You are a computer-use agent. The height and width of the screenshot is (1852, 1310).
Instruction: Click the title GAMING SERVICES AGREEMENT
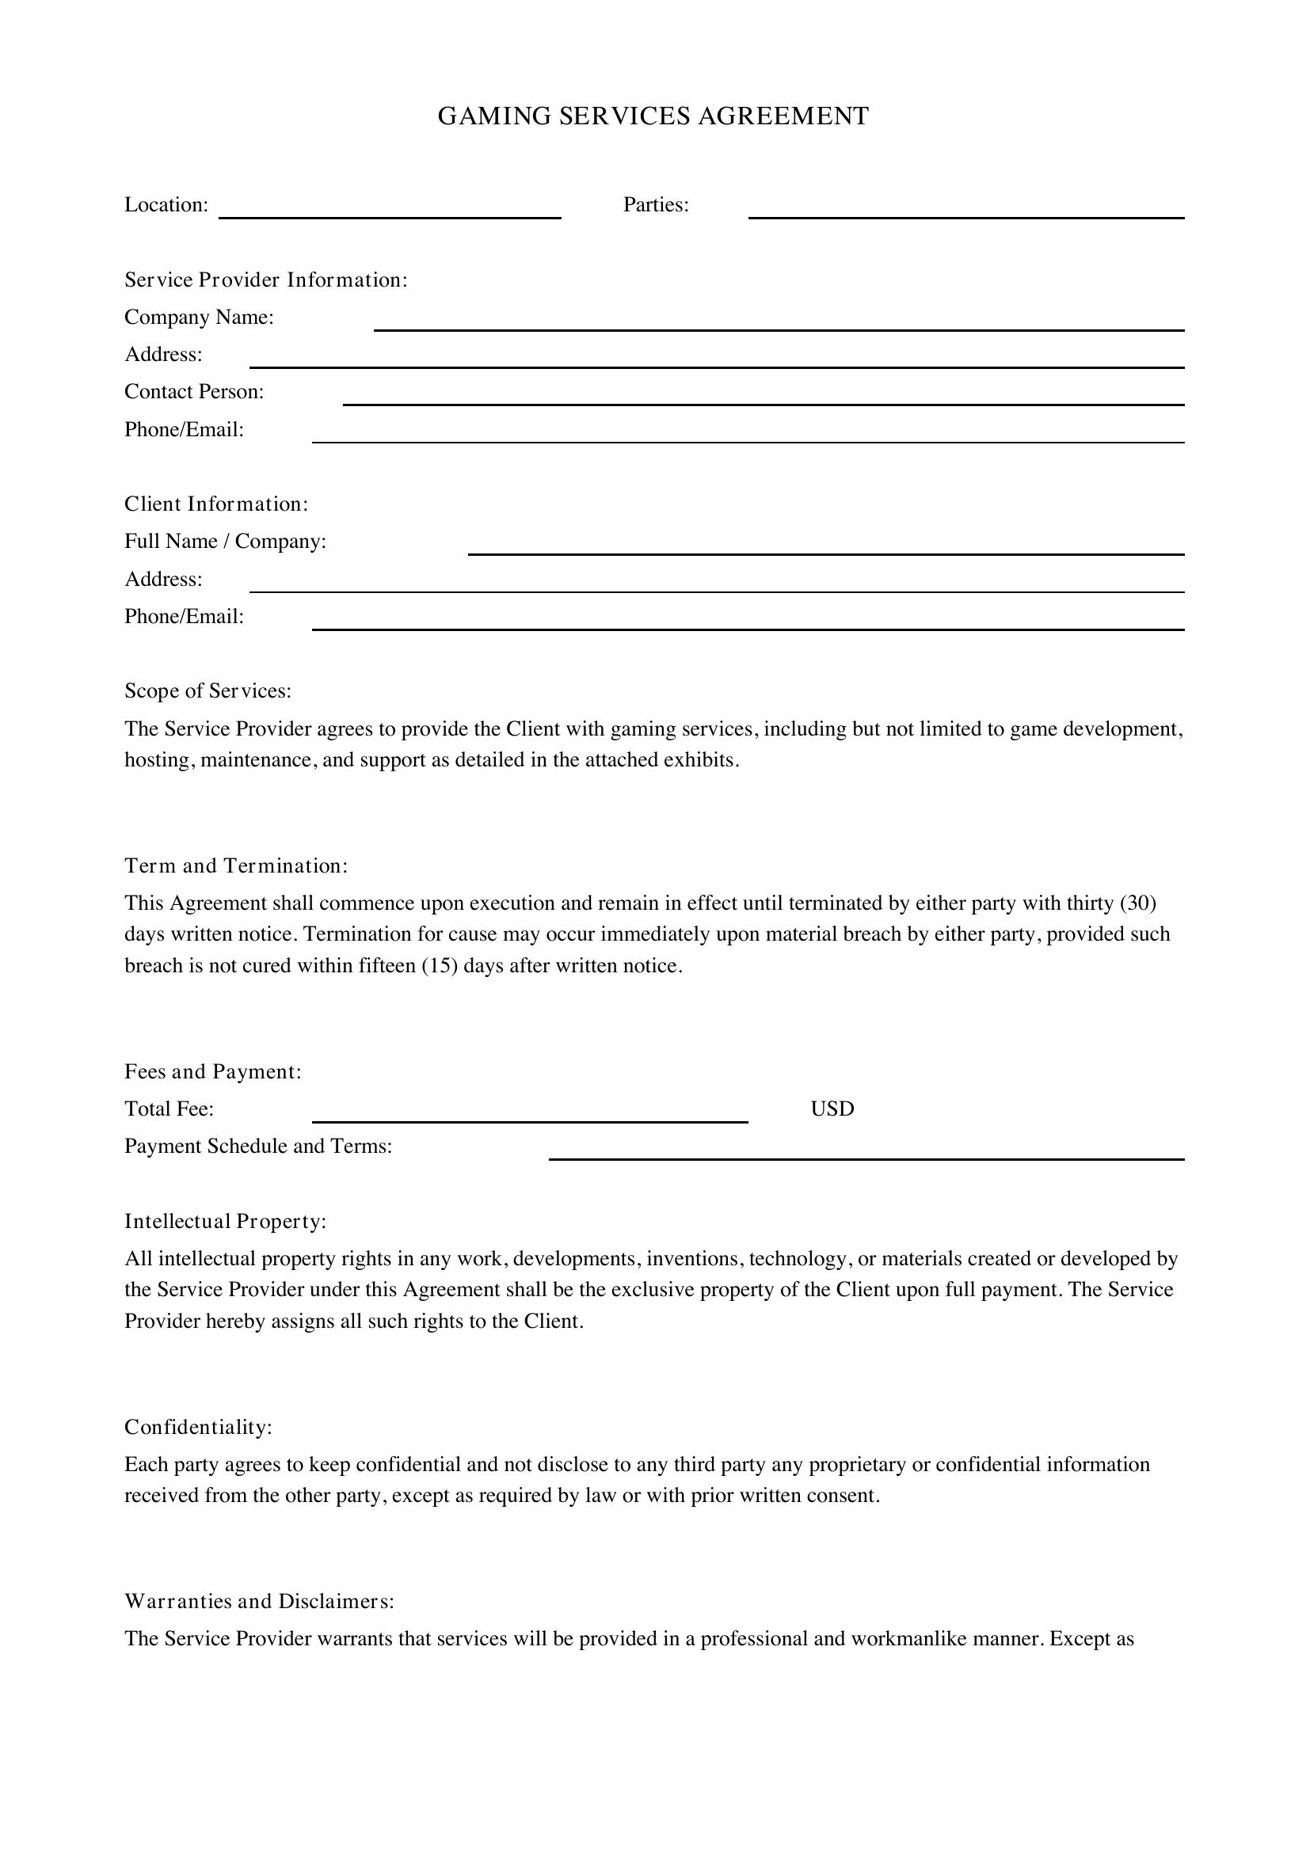[x=653, y=116]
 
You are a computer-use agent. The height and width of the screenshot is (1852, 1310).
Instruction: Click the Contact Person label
[x=194, y=392]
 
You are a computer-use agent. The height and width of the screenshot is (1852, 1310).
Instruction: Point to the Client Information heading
[x=216, y=504]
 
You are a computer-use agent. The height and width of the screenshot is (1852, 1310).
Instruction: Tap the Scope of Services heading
[x=208, y=691]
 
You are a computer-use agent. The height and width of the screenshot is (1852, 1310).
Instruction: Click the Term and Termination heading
[x=235, y=866]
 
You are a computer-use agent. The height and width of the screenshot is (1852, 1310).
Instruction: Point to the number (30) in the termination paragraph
[x=1138, y=903]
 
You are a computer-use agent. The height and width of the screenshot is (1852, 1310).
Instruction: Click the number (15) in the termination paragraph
[x=440, y=965]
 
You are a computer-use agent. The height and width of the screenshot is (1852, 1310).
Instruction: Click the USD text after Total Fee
[x=832, y=1109]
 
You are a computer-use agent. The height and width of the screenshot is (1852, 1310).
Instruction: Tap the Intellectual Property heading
[x=225, y=1221]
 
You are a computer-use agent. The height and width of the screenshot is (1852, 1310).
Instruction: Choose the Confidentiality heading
[x=199, y=1427]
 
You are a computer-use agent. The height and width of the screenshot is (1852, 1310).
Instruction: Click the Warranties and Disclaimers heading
[x=259, y=1601]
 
